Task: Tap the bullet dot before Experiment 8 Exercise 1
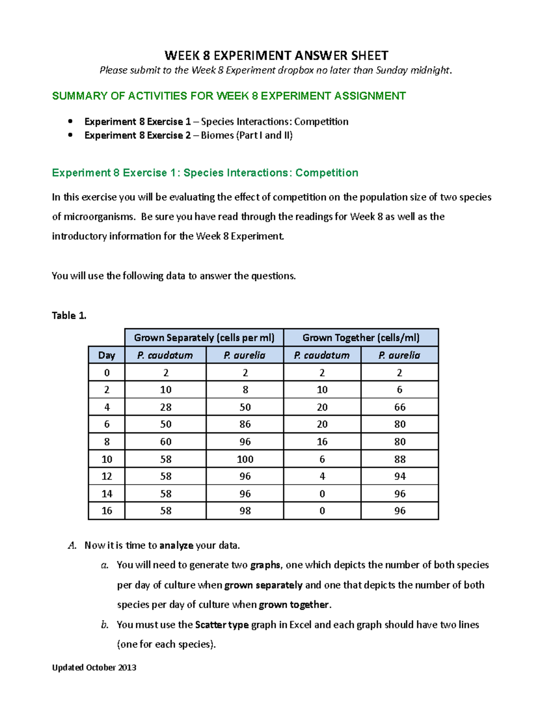pos(70,122)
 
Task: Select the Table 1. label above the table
pos(69,316)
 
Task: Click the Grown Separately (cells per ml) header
pos(204,338)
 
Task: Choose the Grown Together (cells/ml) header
pos(361,338)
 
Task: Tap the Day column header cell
pos(106,355)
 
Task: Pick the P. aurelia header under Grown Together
pos(399,355)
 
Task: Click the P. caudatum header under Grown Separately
pos(165,355)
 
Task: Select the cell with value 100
pos(245,459)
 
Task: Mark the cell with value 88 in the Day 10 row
pos(400,459)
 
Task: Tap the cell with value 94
pos(400,476)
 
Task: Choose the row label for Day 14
pos(106,494)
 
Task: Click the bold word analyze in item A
pos(176,546)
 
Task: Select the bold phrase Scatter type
pos(222,625)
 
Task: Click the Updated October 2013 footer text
pos(94,668)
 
